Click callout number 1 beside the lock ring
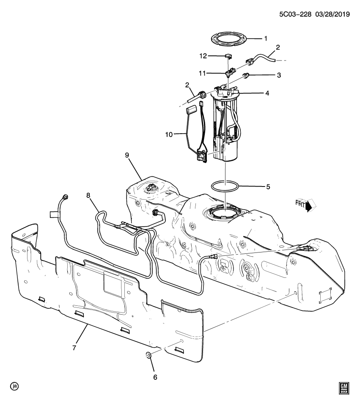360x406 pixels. (266, 38)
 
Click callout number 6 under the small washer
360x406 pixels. (155, 377)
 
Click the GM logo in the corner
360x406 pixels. (343, 388)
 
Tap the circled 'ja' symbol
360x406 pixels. (15, 386)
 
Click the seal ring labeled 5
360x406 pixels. (225, 186)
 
